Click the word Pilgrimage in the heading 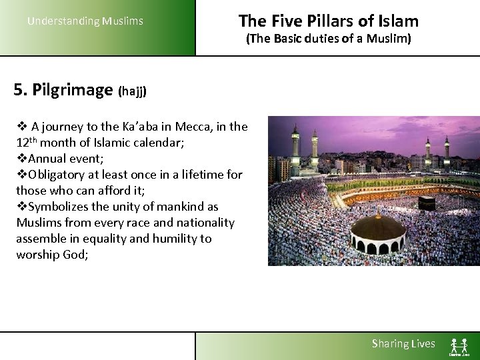(x=73, y=89)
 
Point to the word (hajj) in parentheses (x=132, y=91)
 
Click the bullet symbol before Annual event (x=21, y=159)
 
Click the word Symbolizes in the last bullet (x=59, y=207)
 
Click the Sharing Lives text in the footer (x=403, y=344)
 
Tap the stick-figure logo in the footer (x=459, y=345)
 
